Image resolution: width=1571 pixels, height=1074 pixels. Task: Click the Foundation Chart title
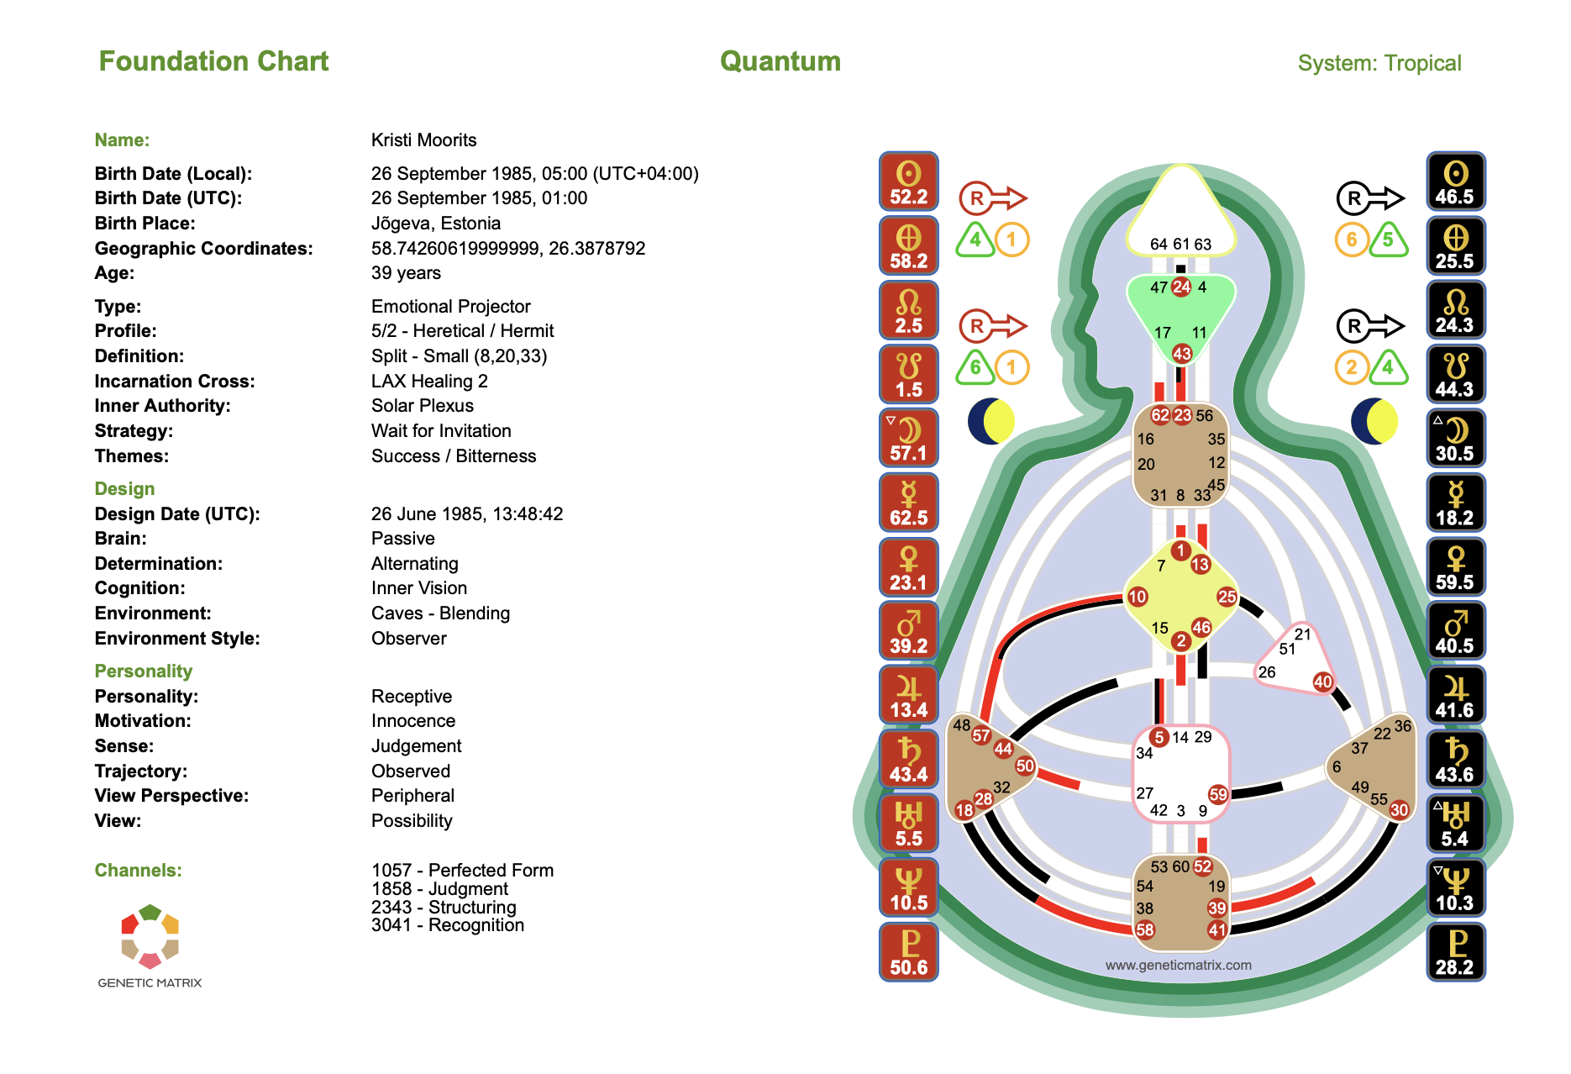213,61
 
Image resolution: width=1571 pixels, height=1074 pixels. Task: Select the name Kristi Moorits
423,140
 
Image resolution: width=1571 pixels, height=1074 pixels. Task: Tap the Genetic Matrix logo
150,945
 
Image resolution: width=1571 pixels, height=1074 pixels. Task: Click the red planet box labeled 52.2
908,182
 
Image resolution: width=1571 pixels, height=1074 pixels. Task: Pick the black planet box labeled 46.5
1455,182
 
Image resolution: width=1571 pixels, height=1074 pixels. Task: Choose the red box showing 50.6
908,952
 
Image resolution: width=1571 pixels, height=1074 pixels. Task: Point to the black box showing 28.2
1455,952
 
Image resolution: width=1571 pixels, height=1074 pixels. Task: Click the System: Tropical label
1379,63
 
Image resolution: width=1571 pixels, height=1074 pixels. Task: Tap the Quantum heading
780,61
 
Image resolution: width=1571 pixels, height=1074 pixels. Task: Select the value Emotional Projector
450,307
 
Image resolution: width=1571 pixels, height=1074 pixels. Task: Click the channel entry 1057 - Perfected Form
462,871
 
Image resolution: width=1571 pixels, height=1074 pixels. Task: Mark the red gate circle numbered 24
1181,287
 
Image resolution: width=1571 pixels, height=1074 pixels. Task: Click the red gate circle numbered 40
1322,682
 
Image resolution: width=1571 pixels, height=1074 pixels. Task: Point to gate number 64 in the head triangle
1159,244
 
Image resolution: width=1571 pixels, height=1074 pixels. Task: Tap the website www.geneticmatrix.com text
1178,965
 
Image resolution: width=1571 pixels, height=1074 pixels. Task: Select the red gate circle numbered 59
1217,794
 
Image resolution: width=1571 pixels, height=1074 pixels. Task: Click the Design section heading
124,489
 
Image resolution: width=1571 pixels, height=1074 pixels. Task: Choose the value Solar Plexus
422,406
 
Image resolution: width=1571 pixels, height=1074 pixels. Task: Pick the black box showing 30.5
1455,439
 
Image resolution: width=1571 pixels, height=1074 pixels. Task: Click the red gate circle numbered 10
1137,597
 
